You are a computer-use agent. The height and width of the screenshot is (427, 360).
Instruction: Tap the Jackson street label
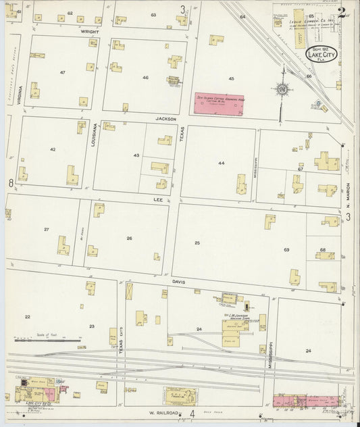[166, 119]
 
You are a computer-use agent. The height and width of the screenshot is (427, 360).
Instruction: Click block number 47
[63, 72]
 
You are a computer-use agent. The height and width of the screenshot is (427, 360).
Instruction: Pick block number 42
[52, 149]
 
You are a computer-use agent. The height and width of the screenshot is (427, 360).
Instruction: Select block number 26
[128, 238]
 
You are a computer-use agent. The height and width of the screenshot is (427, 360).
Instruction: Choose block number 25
[197, 242]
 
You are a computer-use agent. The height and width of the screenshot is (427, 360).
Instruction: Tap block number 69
[286, 250]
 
